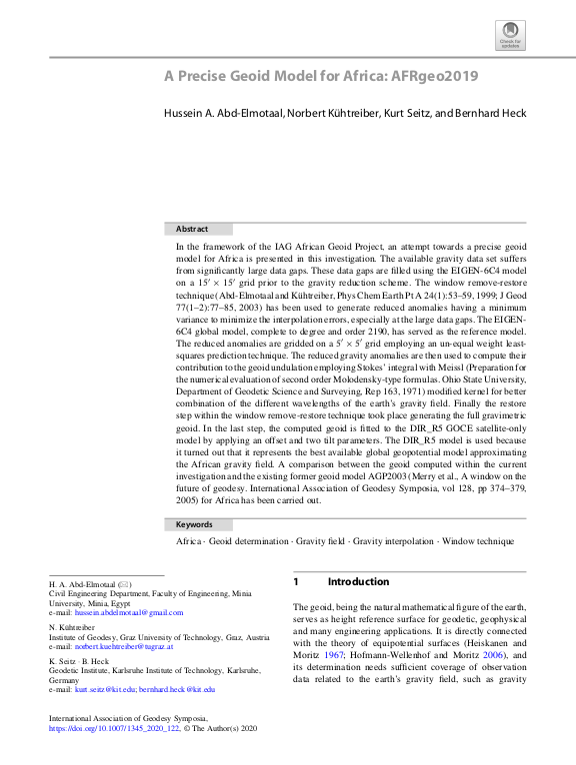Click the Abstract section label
pos(192,229)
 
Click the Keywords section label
pos(195,524)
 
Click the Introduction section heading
pos(358,581)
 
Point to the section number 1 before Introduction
pos(296,581)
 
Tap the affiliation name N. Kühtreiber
pos(71,626)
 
